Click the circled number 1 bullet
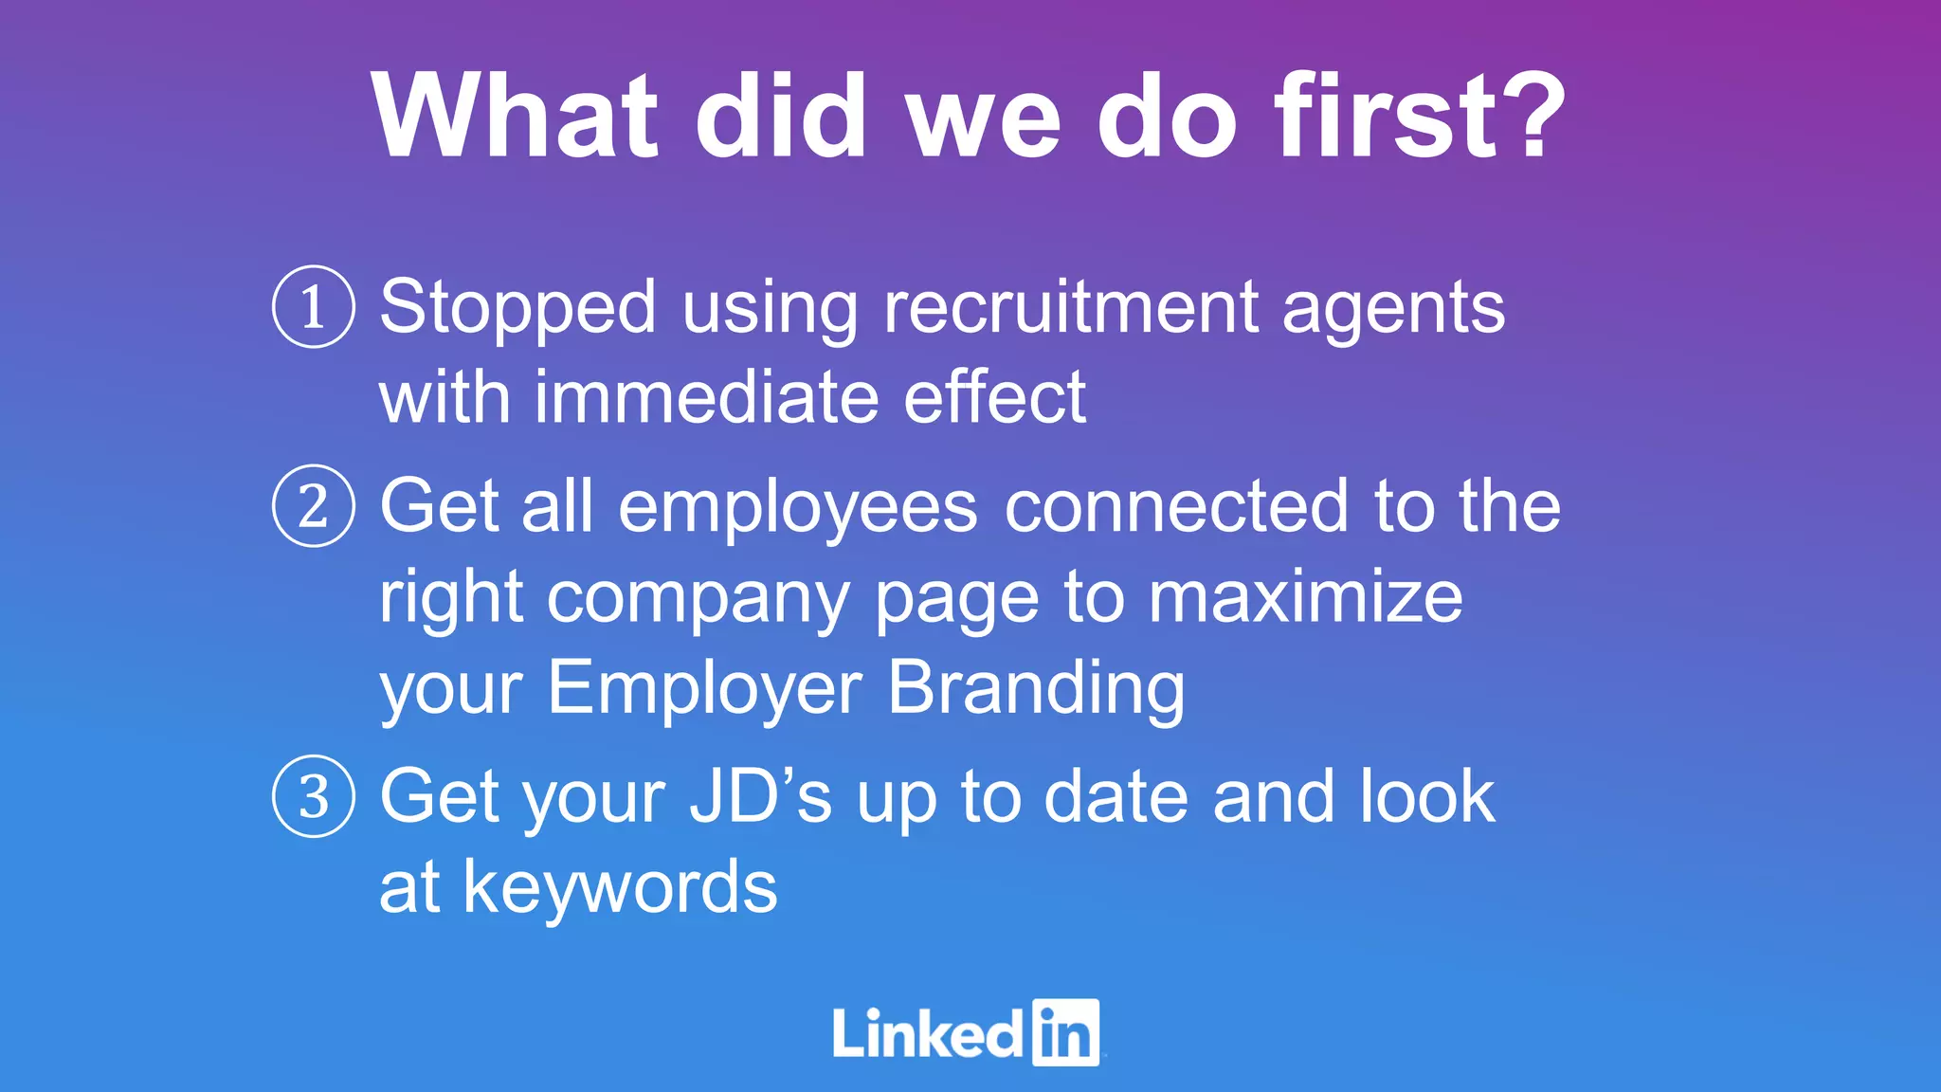coord(314,307)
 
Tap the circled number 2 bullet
coord(314,506)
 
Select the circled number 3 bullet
coord(314,796)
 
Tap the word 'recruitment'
coord(1071,307)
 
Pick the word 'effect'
coord(994,397)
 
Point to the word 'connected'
coord(1176,506)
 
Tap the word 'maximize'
coord(1305,596)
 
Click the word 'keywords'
coord(620,887)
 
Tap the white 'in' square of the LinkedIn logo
coord(1065,1032)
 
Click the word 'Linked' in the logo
coord(927,1033)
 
